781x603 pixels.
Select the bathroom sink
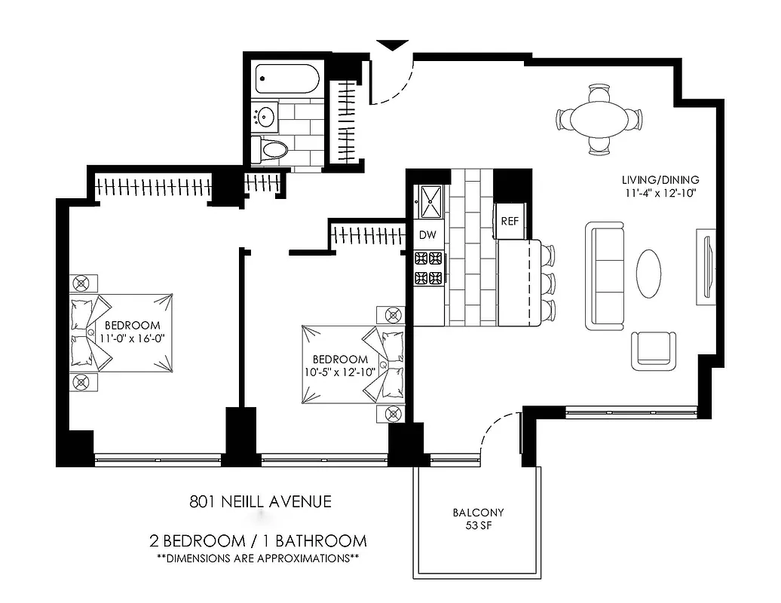(265, 117)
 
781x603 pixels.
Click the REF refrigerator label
(510, 222)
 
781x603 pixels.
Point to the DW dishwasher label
(427, 235)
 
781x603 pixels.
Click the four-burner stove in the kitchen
(428, 268)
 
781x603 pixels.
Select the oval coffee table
(651, 274)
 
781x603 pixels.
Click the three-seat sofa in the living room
(605, 275)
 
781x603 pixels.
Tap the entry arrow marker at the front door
(392, 46)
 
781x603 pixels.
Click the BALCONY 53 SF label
(478, 519)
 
